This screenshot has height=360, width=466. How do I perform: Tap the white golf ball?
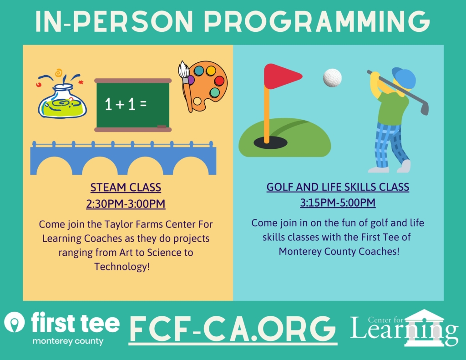332,78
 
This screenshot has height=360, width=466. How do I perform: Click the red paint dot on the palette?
219,81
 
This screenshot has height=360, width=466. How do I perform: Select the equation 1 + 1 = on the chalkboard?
126,105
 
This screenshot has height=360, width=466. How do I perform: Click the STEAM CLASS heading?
126,188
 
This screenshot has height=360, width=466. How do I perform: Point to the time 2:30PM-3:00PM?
126,203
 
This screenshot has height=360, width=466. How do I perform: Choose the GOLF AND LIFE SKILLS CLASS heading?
338,187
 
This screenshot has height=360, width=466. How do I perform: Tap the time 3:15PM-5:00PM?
338,203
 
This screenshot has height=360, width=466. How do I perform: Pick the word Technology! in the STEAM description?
122,266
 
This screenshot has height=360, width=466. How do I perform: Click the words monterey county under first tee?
67,341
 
